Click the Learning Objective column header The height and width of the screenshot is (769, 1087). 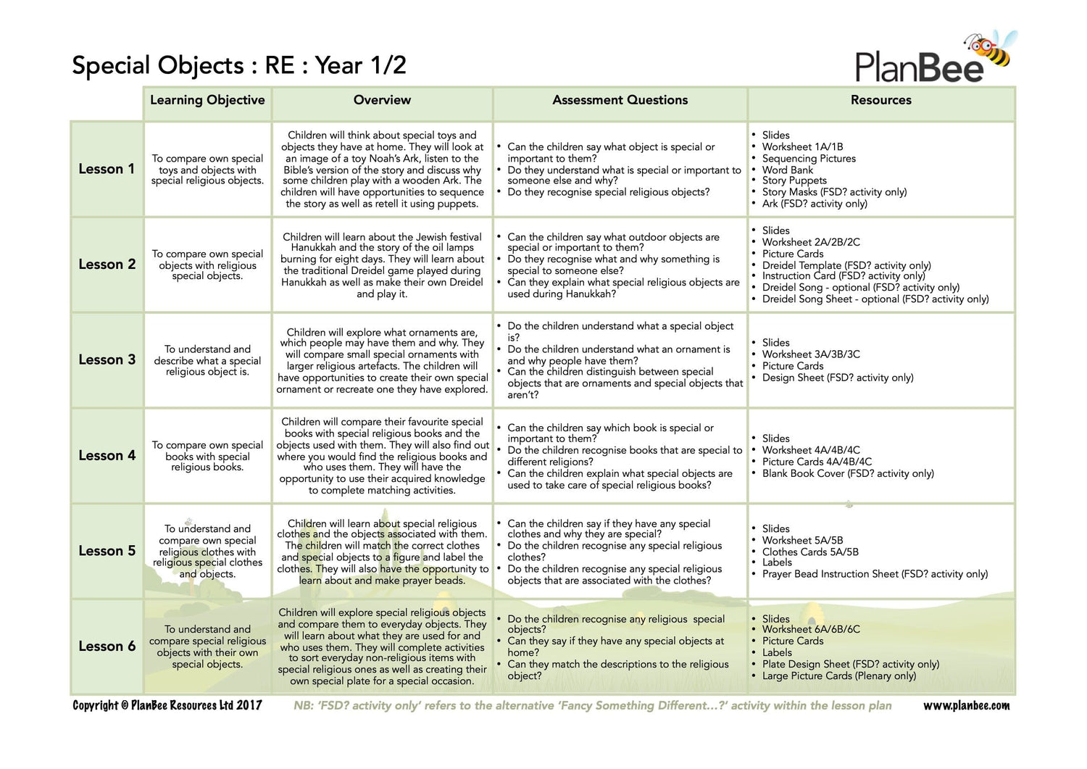click(207, 101)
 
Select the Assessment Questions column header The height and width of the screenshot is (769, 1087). click(620, 101)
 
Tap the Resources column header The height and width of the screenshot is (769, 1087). click(880, 101)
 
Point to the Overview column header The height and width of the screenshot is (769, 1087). click(382, 101)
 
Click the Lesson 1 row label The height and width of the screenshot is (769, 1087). click(107, 169)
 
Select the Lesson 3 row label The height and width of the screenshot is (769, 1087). click(107, 360)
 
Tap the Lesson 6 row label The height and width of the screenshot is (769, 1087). click(107, 647)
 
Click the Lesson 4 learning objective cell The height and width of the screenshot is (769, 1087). click(207, 456)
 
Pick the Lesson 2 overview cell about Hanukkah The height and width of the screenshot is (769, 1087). click(382, 265)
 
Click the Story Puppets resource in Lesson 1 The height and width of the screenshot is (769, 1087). click(794, 180)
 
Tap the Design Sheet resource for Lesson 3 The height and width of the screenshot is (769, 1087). click(837, 378)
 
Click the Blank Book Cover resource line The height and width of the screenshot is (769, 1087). click(848, 473)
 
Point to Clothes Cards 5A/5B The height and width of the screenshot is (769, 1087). click(810, 552)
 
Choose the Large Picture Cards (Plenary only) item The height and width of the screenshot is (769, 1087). click(838, 676)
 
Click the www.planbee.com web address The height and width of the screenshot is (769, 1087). click(966, 706)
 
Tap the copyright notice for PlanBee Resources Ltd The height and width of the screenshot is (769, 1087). click(167, 705)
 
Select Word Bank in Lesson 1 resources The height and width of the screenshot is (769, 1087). click(788, 170)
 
